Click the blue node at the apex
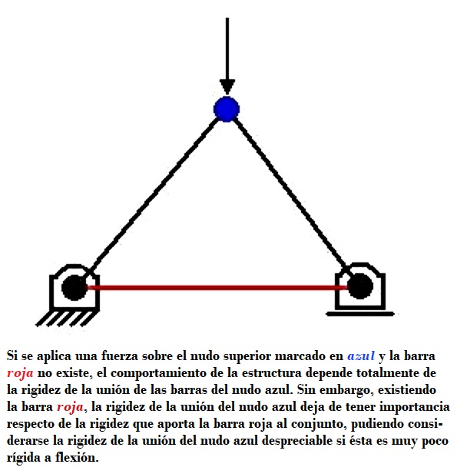point(227,109)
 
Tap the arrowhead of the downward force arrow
point(227,87)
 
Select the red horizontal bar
point(217,287)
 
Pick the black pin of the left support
point(75,288)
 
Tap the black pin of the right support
point(360,286)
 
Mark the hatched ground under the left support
point(65,319)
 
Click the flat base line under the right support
point(360,314)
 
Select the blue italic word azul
point(361,355)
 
